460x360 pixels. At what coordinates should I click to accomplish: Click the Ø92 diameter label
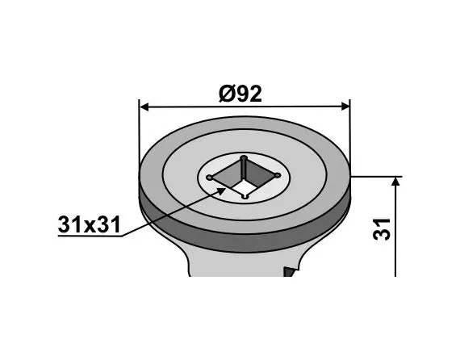click(x=240, y=94)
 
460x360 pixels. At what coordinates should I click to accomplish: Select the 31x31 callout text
click(x=89, y=226)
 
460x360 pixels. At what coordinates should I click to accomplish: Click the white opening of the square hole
click(x=245, y=179)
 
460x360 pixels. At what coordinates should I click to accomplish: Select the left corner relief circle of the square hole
click(x=210, y=176)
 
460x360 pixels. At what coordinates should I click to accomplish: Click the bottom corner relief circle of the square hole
click(x=245, y=196)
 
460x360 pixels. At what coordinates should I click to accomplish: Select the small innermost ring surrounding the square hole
click(x=266, y=191)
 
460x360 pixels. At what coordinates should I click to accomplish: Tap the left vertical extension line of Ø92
click(x=140, y=137)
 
